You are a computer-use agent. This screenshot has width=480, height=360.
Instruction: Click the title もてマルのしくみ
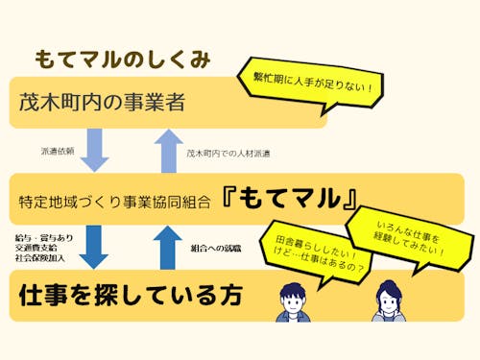122,60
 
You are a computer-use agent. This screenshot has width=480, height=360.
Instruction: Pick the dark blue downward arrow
94,247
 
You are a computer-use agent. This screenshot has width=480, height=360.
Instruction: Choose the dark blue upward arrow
167,246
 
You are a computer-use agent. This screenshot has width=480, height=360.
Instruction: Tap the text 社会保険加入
37,258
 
